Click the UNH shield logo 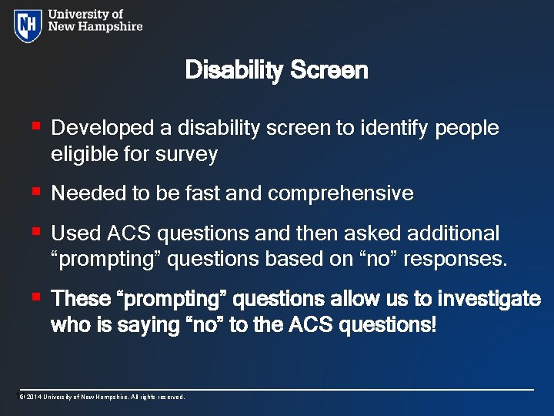[28, 25]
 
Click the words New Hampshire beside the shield [95, 26]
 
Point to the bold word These [81, 298]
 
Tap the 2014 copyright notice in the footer [102, 397]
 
